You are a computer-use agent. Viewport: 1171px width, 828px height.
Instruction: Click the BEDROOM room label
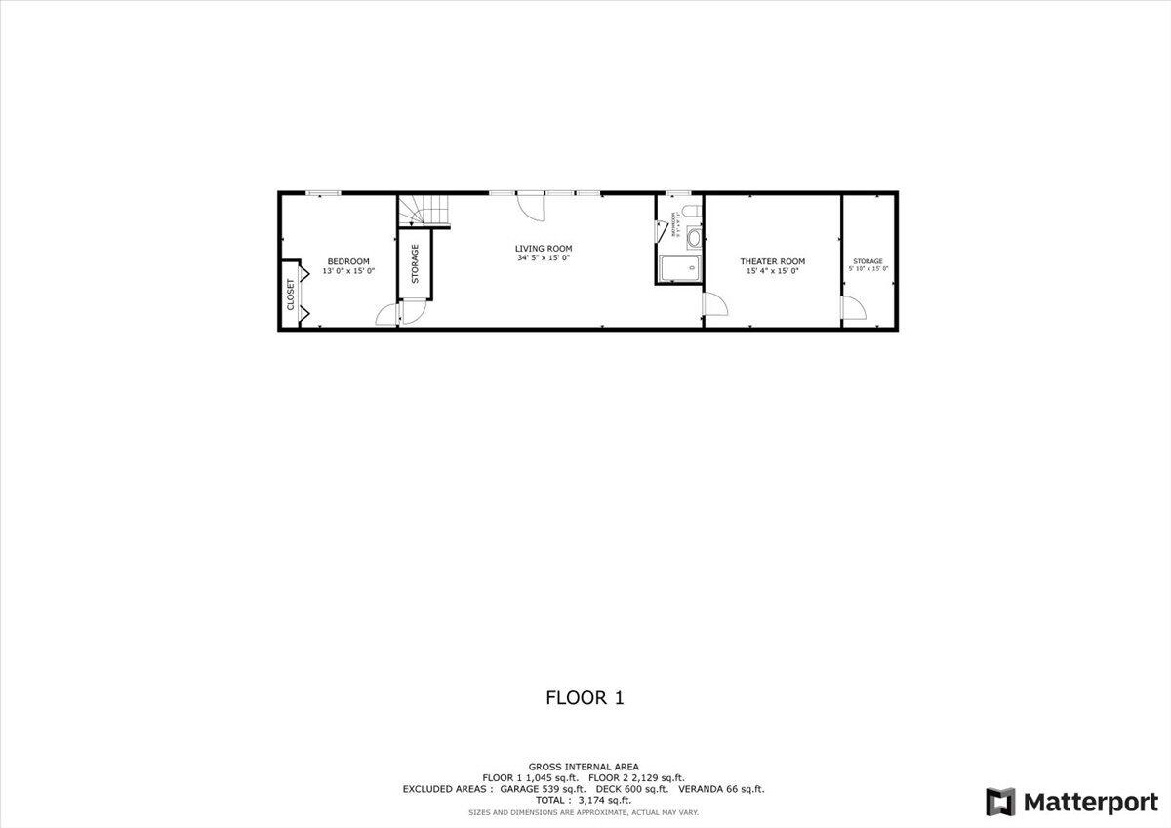(348, 260)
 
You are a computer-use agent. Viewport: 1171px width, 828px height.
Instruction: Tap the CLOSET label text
(291, 295)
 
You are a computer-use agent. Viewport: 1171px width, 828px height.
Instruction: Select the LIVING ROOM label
(544, 249)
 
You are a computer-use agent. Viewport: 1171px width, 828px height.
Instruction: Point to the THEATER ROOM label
(772, 260)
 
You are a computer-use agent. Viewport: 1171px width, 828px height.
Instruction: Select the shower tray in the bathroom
(679, 269)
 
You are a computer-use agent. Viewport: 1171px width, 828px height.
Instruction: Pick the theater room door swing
(714, 302)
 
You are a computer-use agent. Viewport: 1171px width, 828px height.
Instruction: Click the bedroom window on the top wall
(323, 193)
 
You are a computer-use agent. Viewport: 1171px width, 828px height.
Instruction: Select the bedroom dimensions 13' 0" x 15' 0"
(348, 271)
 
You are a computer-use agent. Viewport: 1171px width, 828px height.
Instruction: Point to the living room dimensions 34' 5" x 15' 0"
(544, 258)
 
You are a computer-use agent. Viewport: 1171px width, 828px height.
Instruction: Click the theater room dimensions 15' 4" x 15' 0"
(772, 271)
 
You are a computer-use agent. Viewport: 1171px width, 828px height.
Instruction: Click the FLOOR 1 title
(584, 697)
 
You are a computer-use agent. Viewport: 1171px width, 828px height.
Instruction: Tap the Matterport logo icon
(1000, 802)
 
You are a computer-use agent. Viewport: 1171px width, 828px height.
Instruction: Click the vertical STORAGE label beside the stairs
(415, 263)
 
